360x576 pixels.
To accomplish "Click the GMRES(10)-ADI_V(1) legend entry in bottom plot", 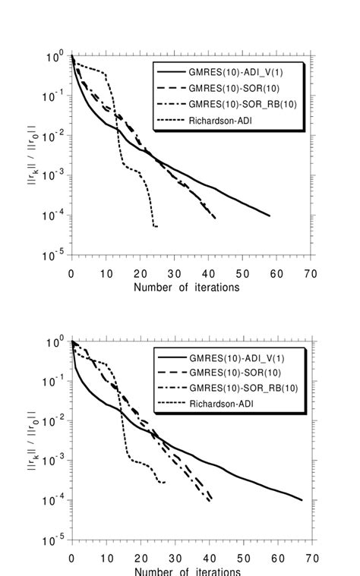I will tap(232, 356).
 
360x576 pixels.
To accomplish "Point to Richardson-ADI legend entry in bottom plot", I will tap(220, 404).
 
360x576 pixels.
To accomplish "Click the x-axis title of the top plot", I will tap(186, 288).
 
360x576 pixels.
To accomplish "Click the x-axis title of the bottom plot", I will tap(186, 571).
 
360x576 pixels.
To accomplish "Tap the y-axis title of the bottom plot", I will tap(32, 441).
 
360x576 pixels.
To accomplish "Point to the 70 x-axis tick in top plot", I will tap(311, 273).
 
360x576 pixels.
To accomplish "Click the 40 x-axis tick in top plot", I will tap(208, 273).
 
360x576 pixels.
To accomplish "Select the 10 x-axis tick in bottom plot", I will tap(106, 558).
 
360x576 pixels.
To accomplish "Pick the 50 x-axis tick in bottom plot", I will tap(242, 558).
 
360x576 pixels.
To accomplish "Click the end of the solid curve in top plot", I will tap(270, 216).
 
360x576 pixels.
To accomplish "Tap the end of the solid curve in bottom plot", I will tap(302, 500).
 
